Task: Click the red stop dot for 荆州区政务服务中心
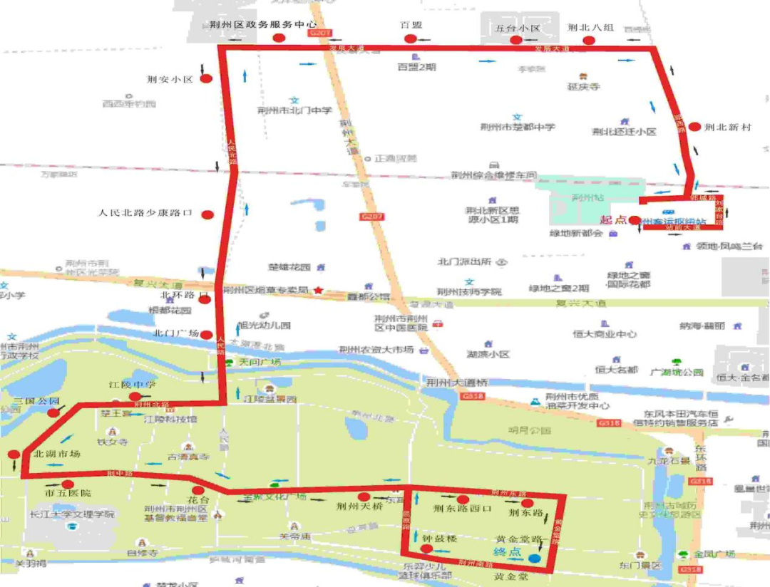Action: click(x=279, y=38)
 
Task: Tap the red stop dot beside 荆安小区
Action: click(x=206, y=79)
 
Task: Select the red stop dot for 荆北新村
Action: click(x=694, y=127)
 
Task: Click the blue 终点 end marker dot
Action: click(x=533, y=549)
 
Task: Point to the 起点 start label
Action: click(x=612, y=220)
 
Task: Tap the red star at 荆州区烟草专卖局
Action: click(x=319, y=291)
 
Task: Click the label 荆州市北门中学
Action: click(x=294, y=110)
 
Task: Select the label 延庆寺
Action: click(x=583, y=87)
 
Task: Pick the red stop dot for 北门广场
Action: click(x=206, y=334)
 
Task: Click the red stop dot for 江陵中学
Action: click(x=135, y=397)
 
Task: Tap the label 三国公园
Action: click(x=36, y=401)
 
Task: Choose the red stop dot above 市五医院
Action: click(x=67, y=484)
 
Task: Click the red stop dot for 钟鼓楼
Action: click(x=426, y=549)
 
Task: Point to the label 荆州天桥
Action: click(x=360, y=509)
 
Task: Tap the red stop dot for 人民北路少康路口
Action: click(x=207, y=214)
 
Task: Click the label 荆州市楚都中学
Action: click(x=518, y=128)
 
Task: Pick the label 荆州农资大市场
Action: click(x=376, y=350)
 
